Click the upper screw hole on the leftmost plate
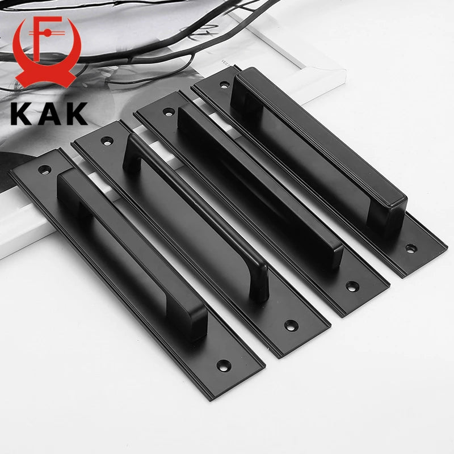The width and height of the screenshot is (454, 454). click(x=45, y=169)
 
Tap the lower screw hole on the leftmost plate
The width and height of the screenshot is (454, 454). click(x=224, y=365)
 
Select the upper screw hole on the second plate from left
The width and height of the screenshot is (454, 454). click(x=107, y=141)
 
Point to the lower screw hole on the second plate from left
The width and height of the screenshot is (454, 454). click(x=291, y=325)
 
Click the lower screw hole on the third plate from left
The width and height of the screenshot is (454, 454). click(x=352, y=287)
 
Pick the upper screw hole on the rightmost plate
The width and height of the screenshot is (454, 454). click(x=224, y=85)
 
